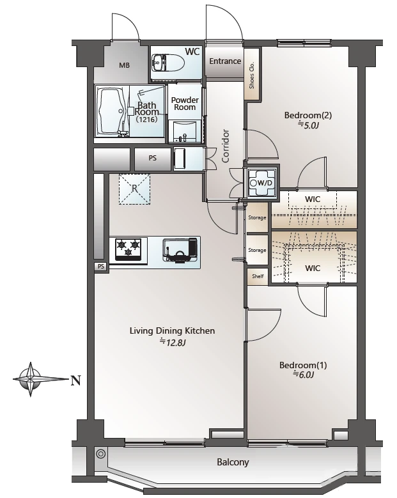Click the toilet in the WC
(x=168, y=62)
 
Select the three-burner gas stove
(x=128, y=249)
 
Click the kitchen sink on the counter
(x=180, y=249)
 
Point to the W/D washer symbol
(x=261, y=183)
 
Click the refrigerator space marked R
(x=134, y=189)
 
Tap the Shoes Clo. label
(x=252, y=75)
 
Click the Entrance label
(x=225, y=61)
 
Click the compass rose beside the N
(x=31, y=379)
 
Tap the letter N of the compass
(x=75, y=380)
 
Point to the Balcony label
(x=233, y=462)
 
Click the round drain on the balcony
(x=100, y=454)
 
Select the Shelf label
(x=258, y=276)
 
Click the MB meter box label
(x=124, y=65)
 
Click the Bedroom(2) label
(x=307, y=115)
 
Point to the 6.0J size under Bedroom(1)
(x=303, y=375)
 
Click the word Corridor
(x=225, y=146)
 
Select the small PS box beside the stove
(x=101, y=267)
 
